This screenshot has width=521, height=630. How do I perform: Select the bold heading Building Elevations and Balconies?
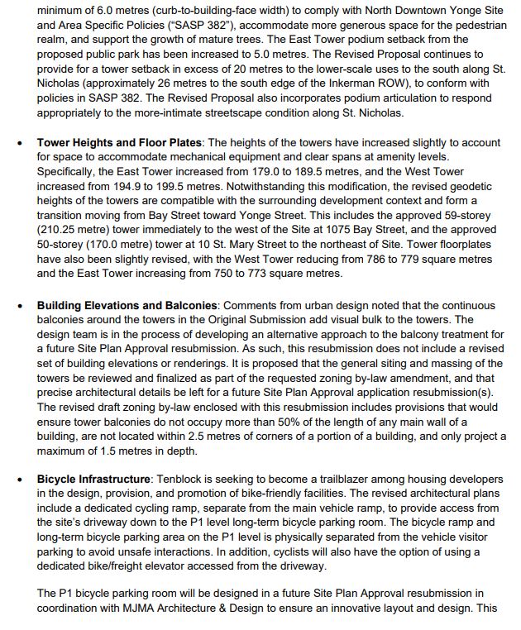coord(127,306)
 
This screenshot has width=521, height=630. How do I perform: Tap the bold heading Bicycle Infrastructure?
coord(93,480)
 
